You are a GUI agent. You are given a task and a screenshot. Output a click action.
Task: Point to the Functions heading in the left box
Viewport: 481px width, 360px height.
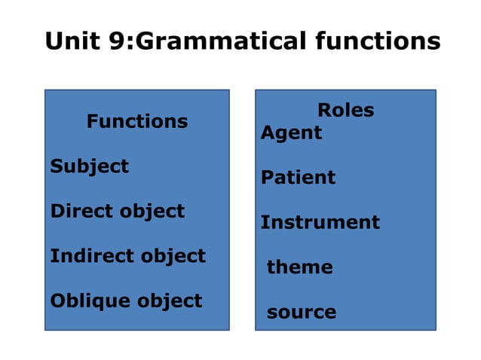[x=137, y=121]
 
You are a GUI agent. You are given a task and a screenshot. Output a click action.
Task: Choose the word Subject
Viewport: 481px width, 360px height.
[x=89, y=166]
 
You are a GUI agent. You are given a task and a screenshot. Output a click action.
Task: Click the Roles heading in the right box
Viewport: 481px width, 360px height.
[x=345, y=110]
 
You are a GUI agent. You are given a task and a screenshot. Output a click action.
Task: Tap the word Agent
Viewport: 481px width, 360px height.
[x=291, y=133]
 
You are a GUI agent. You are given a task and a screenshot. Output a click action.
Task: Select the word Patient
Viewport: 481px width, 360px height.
[x=298, y=178]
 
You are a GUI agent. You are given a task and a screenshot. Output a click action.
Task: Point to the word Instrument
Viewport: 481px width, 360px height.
[x=320, y=222]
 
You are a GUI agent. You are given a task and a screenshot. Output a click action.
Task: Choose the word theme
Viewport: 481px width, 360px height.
[x=299, y=267]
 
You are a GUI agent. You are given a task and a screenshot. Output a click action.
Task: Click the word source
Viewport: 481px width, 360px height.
[x=301, y=312]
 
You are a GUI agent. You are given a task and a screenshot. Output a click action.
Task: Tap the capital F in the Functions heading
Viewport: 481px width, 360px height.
[x=92, y=121]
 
